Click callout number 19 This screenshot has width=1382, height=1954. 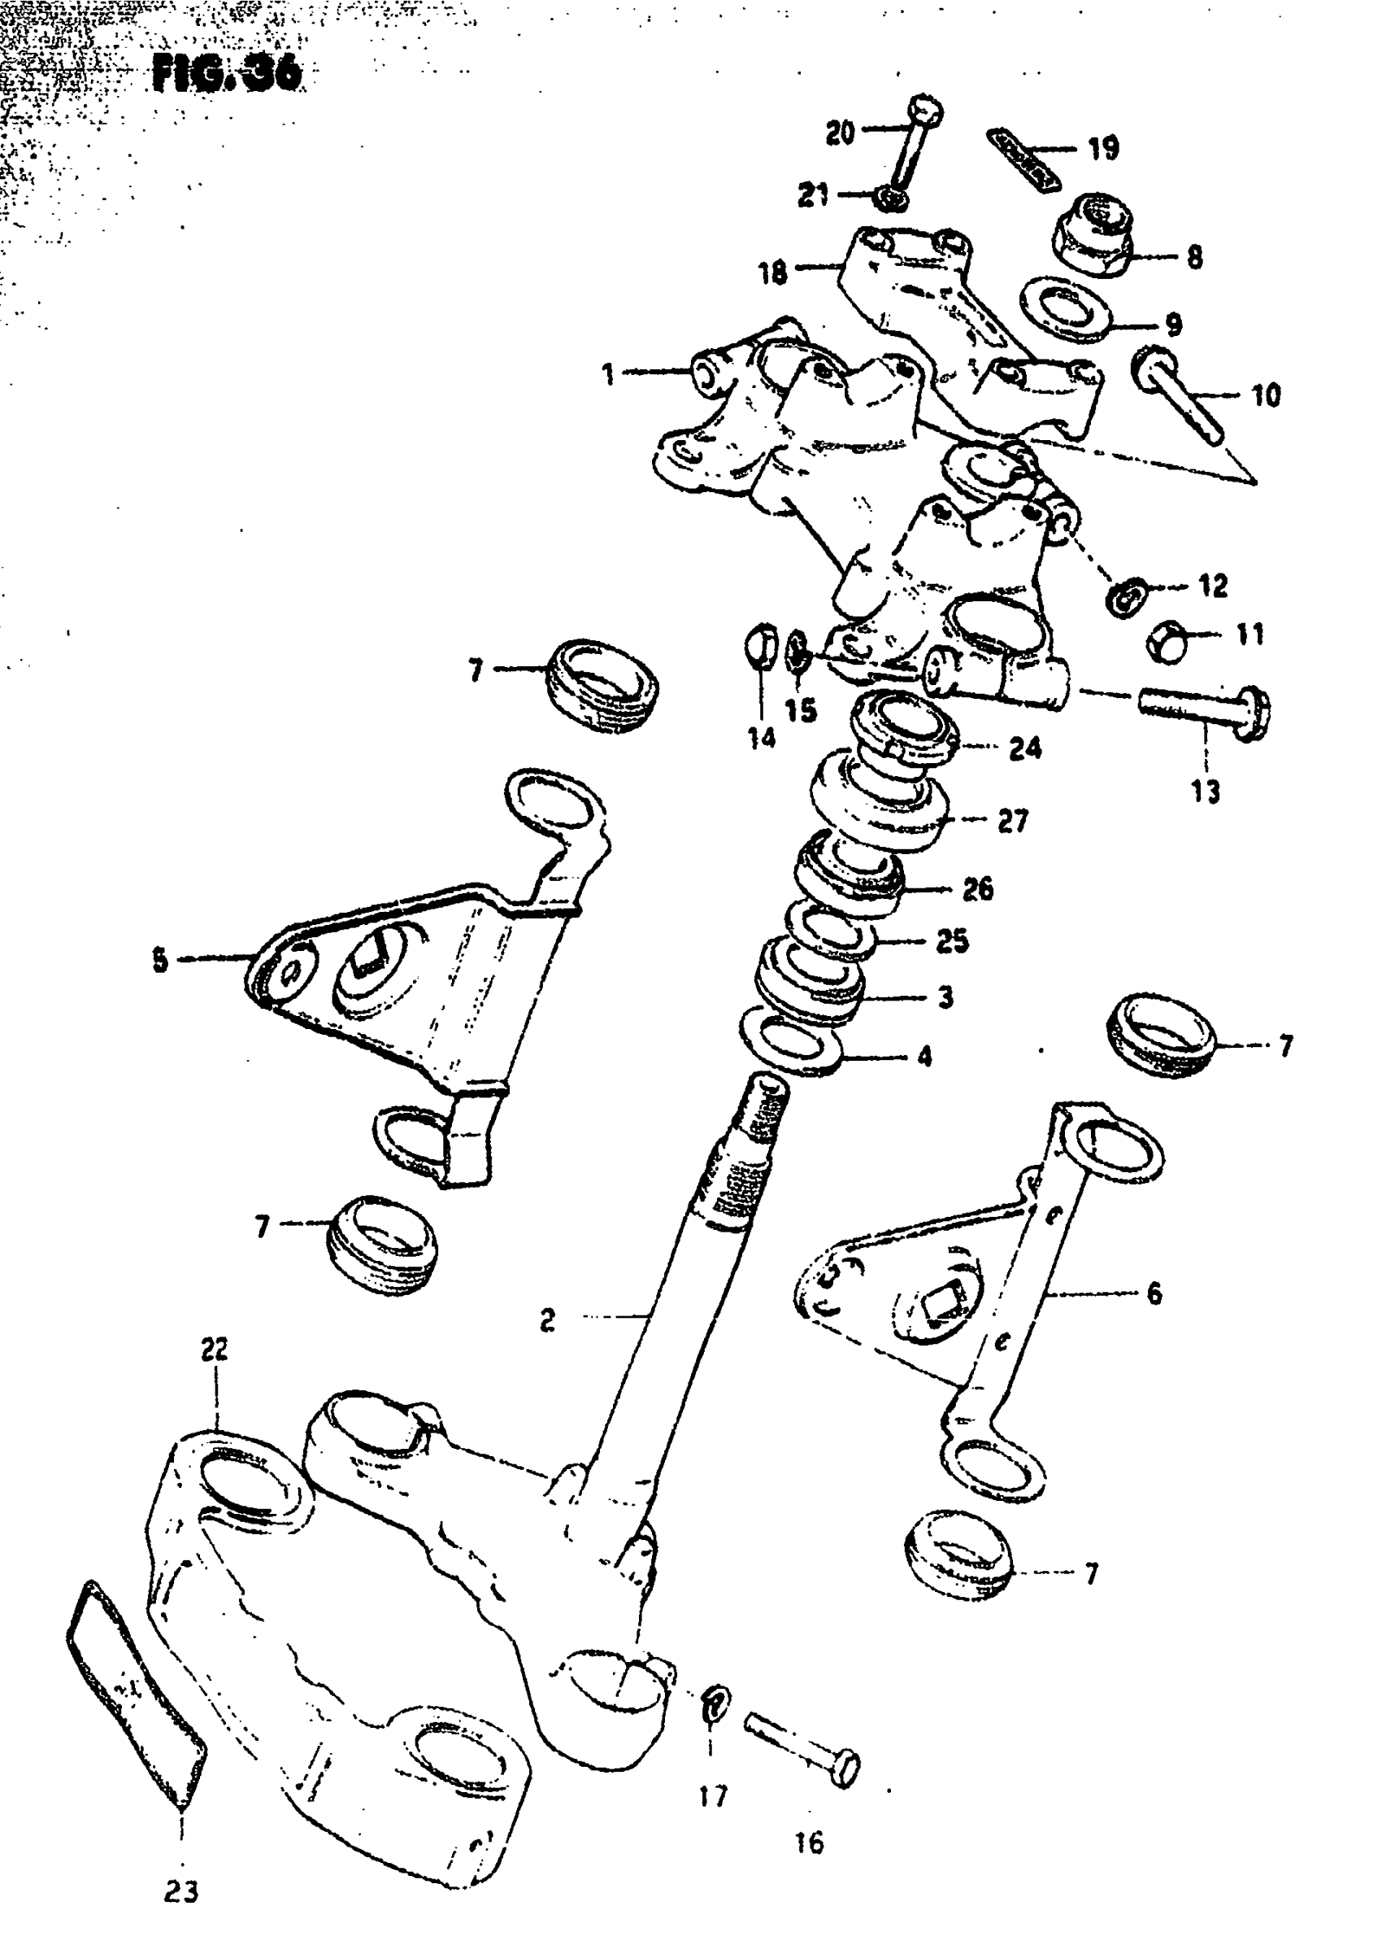[x=1104, y=149]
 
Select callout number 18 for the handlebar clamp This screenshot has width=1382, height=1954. [x=772, y=273]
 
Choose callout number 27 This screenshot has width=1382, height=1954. [x=1013, y=821]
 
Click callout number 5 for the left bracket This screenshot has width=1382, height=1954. [x=160, y=962]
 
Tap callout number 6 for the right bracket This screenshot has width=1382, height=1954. [x=1154, y=1293]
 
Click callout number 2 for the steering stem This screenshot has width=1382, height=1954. [x=547, y=1319]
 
